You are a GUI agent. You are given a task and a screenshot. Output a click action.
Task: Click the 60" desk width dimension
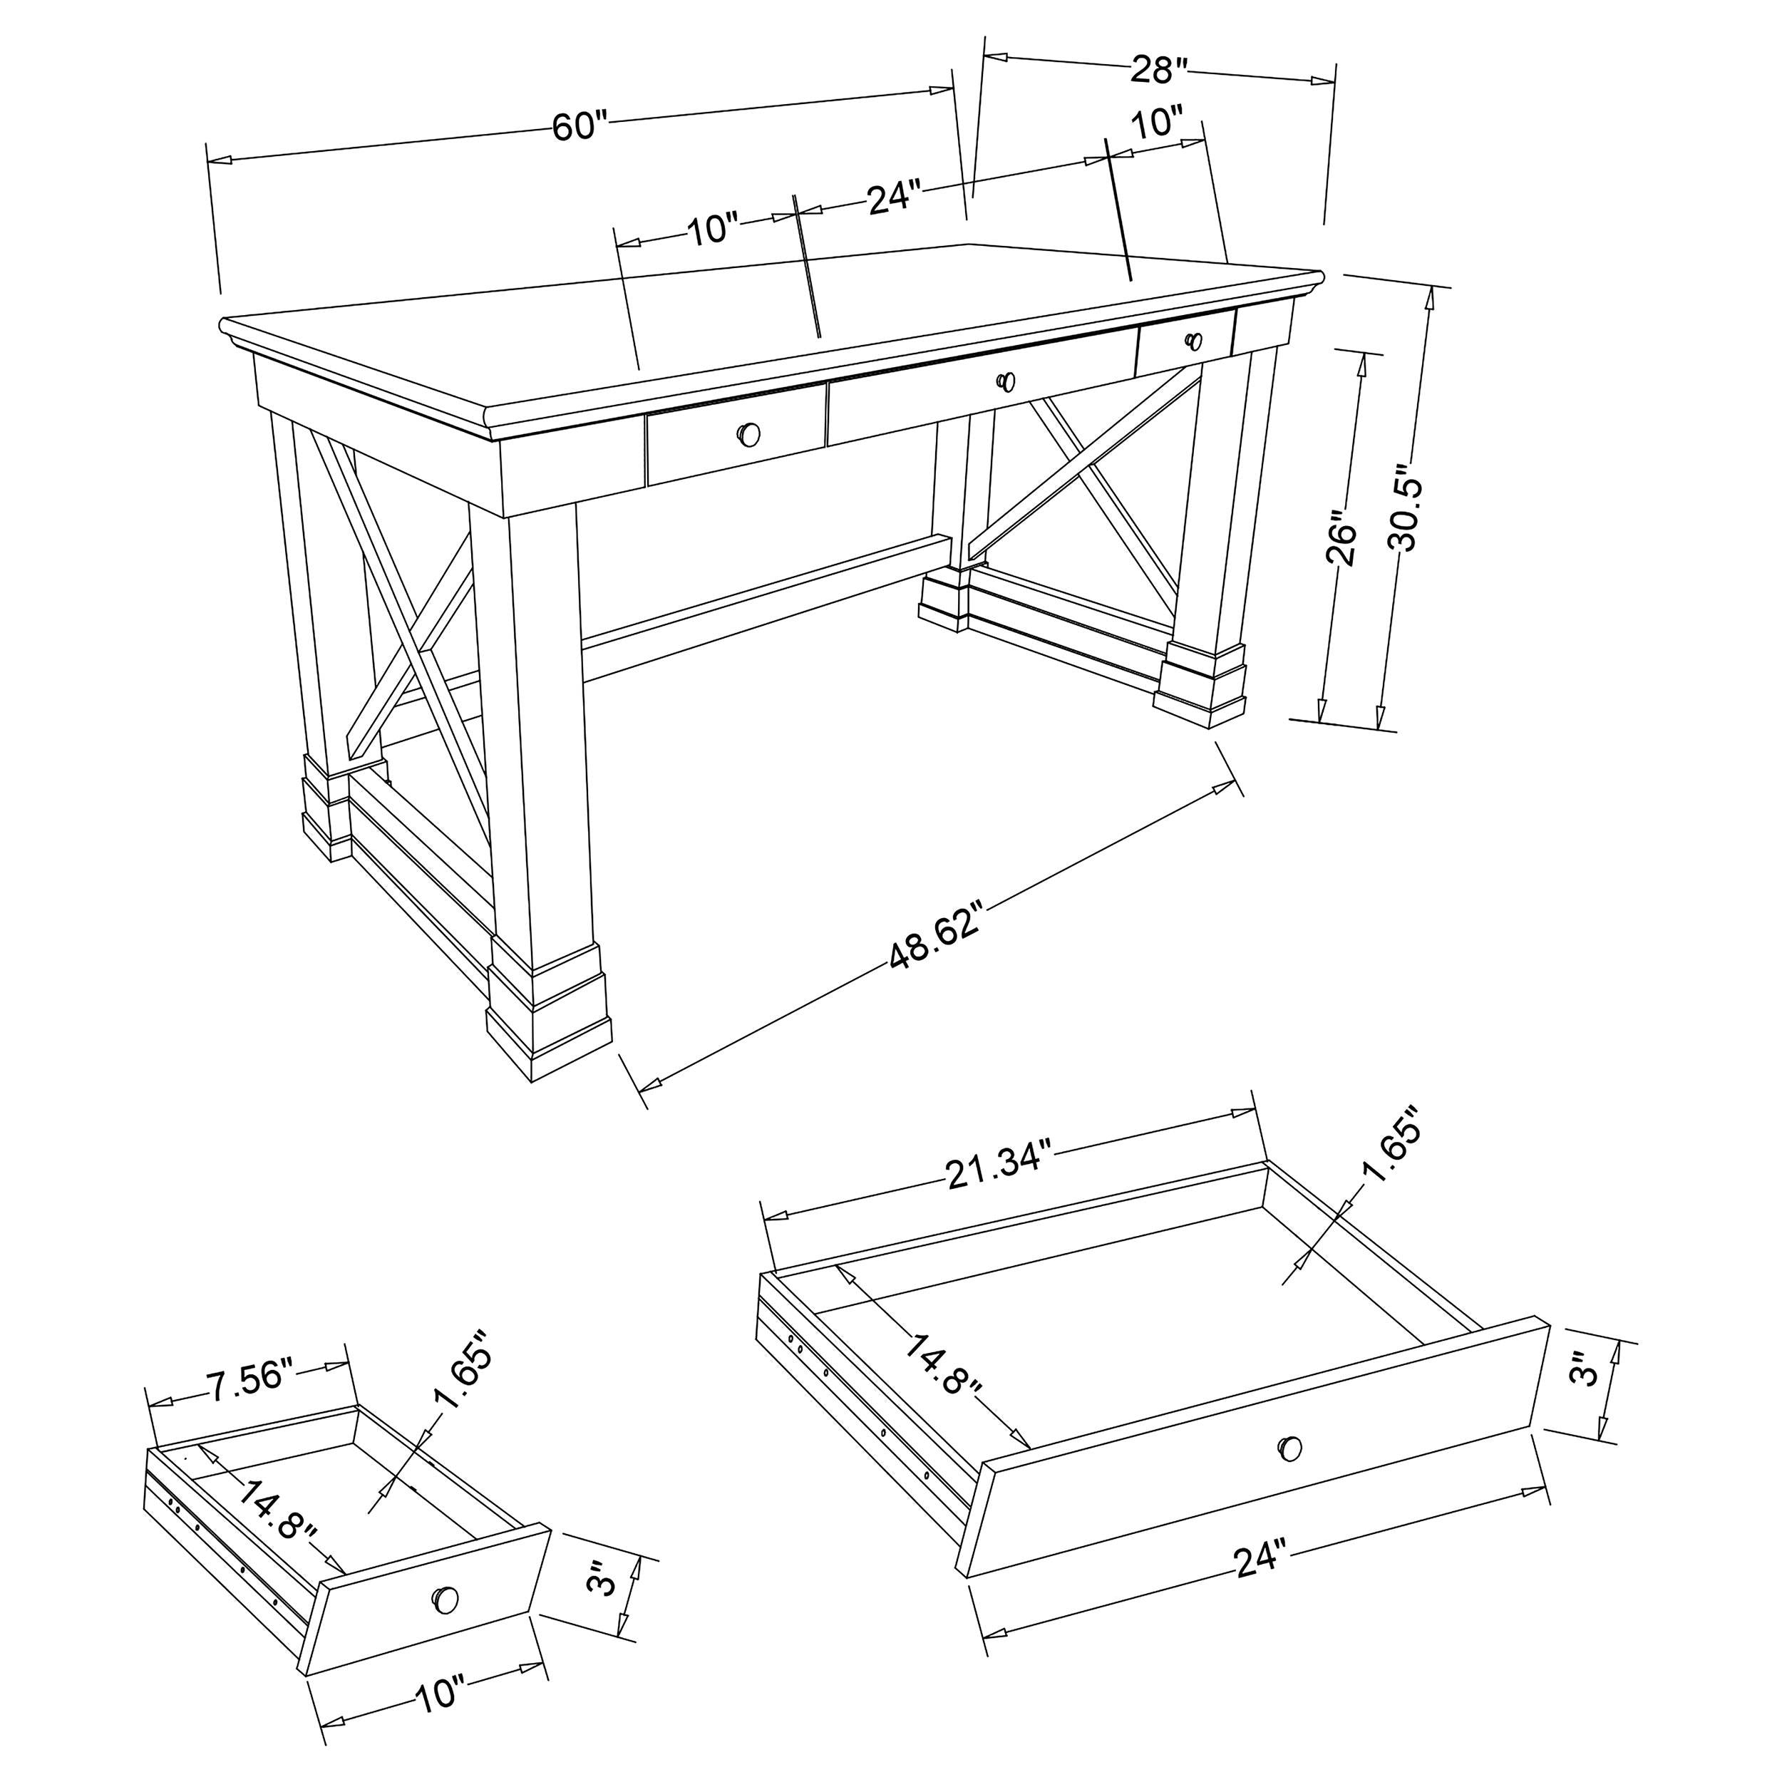(x=580, y=125)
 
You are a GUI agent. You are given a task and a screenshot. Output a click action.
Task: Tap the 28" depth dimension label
(x=1158, y=69)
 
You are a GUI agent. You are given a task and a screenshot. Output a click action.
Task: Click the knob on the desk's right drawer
(x=1195, y=341)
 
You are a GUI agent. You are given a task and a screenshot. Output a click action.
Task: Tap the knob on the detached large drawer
(x=1289, y=1448)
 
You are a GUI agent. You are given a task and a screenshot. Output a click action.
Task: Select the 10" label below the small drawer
(x=439, y=1719)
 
